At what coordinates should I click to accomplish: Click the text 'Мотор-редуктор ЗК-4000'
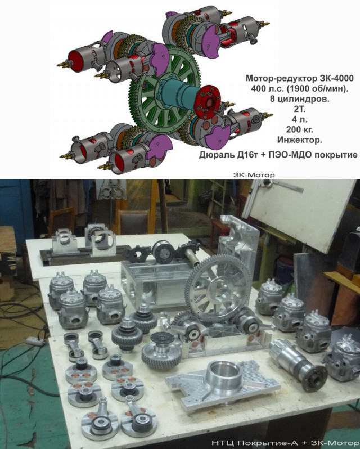coord(300,78)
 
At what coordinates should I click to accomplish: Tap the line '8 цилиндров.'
coord(300,99)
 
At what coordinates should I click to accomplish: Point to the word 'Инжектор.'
coord(300,140)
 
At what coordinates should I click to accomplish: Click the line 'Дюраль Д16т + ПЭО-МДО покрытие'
coord(278,155)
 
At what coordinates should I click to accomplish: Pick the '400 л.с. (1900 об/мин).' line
coord(300,88)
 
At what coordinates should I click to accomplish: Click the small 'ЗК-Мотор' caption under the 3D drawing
coord(254,174)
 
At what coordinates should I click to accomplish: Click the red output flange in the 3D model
coord(207,102)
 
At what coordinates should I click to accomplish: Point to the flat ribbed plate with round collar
coord(223,384)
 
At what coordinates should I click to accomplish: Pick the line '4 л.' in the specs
coord(300,119)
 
